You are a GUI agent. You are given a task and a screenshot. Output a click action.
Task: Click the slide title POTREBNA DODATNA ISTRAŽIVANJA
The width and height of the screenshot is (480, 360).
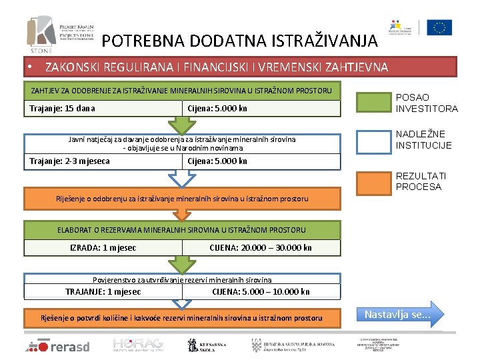239,41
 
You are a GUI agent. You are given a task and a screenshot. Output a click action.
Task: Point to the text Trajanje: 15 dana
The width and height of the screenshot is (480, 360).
62,108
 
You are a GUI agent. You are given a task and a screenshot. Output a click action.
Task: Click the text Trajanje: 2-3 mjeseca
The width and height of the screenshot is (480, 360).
69,161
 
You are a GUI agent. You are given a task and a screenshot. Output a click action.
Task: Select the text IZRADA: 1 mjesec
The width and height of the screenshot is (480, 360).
103,248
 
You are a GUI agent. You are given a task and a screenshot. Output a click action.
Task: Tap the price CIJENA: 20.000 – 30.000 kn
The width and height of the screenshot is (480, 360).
260,248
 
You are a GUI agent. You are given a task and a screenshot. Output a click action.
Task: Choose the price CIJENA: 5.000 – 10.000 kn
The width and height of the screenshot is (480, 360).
261,291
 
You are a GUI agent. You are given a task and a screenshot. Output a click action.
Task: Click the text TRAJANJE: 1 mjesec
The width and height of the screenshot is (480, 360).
103,291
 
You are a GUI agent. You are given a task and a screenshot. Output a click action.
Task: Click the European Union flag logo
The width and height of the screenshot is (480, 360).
439,28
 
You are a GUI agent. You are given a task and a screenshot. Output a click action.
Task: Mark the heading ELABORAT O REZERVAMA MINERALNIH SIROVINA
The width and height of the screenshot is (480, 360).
181,230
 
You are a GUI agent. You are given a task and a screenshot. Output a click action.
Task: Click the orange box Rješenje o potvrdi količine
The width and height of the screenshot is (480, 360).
181,318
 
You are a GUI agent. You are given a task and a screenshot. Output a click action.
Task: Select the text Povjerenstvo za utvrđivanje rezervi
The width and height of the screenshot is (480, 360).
181,279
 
